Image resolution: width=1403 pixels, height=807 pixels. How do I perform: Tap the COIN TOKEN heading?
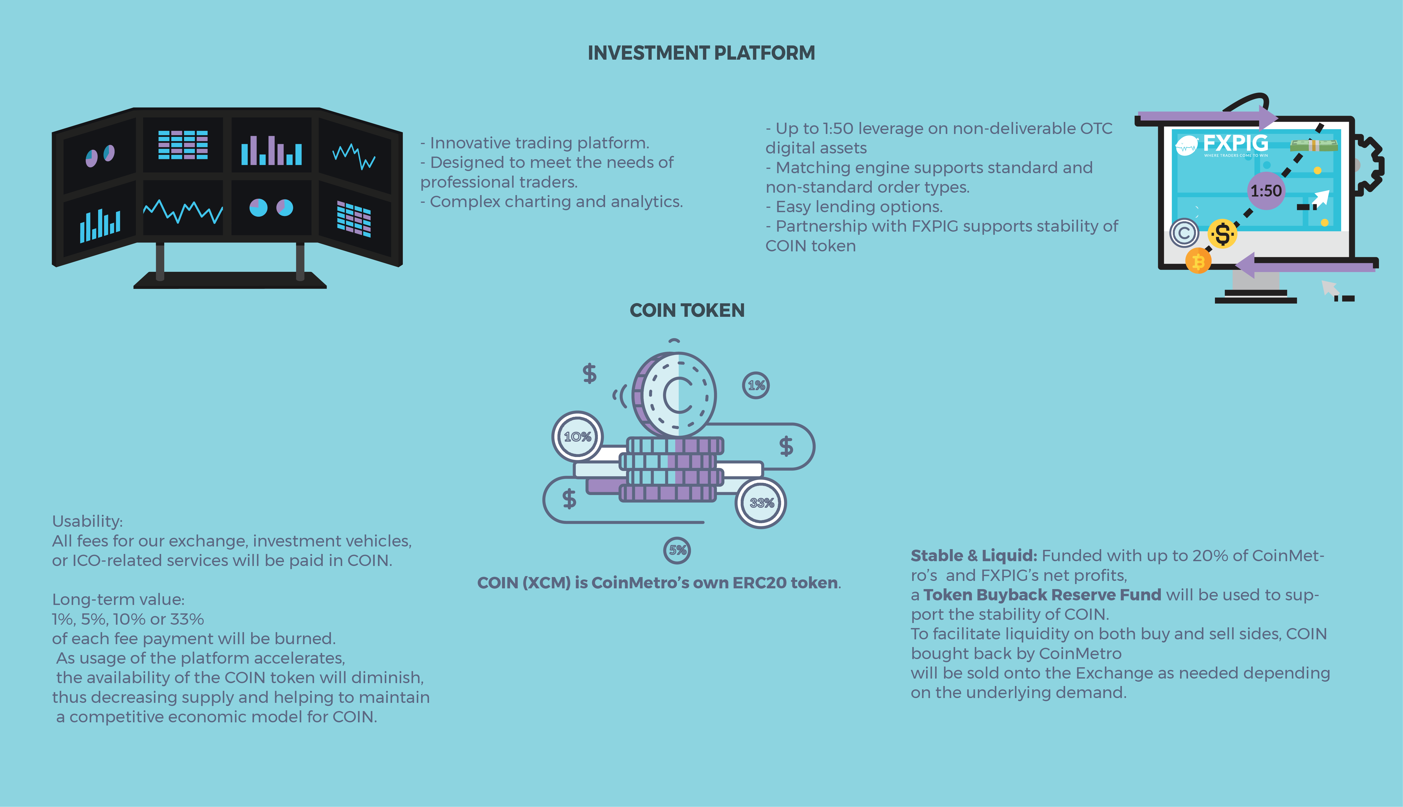(687, 310)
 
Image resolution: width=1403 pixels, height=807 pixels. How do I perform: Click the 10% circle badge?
(577, 437)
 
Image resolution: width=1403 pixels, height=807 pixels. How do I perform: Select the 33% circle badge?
(761, 503)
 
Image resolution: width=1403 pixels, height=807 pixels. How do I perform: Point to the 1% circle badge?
(756, 385)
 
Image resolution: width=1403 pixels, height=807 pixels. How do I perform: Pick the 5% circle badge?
(677, 550)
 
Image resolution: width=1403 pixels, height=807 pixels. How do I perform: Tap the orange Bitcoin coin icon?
(1198, 261)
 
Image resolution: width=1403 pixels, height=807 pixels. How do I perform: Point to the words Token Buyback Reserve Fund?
(1042, 595)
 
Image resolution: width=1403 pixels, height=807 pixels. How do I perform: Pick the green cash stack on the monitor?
(1314, 145)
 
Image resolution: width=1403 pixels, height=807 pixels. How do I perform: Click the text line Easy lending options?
(854, 207)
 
